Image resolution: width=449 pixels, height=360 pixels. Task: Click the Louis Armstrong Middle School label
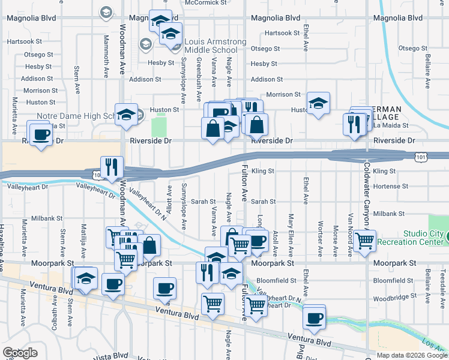(x=215, y=45)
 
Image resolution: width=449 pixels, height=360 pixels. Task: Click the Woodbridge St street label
(x=394, y=296)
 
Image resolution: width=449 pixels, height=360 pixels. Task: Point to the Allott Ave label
(x=169, y=199)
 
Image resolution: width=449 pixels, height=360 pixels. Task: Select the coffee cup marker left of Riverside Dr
(x=41, y=134)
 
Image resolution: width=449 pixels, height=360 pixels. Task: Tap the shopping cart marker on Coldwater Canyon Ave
(x=365, y=241)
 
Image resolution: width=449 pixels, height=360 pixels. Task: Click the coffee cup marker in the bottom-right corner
(x=313, y=318)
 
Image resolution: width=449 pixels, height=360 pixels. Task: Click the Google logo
(x=19, y=353)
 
